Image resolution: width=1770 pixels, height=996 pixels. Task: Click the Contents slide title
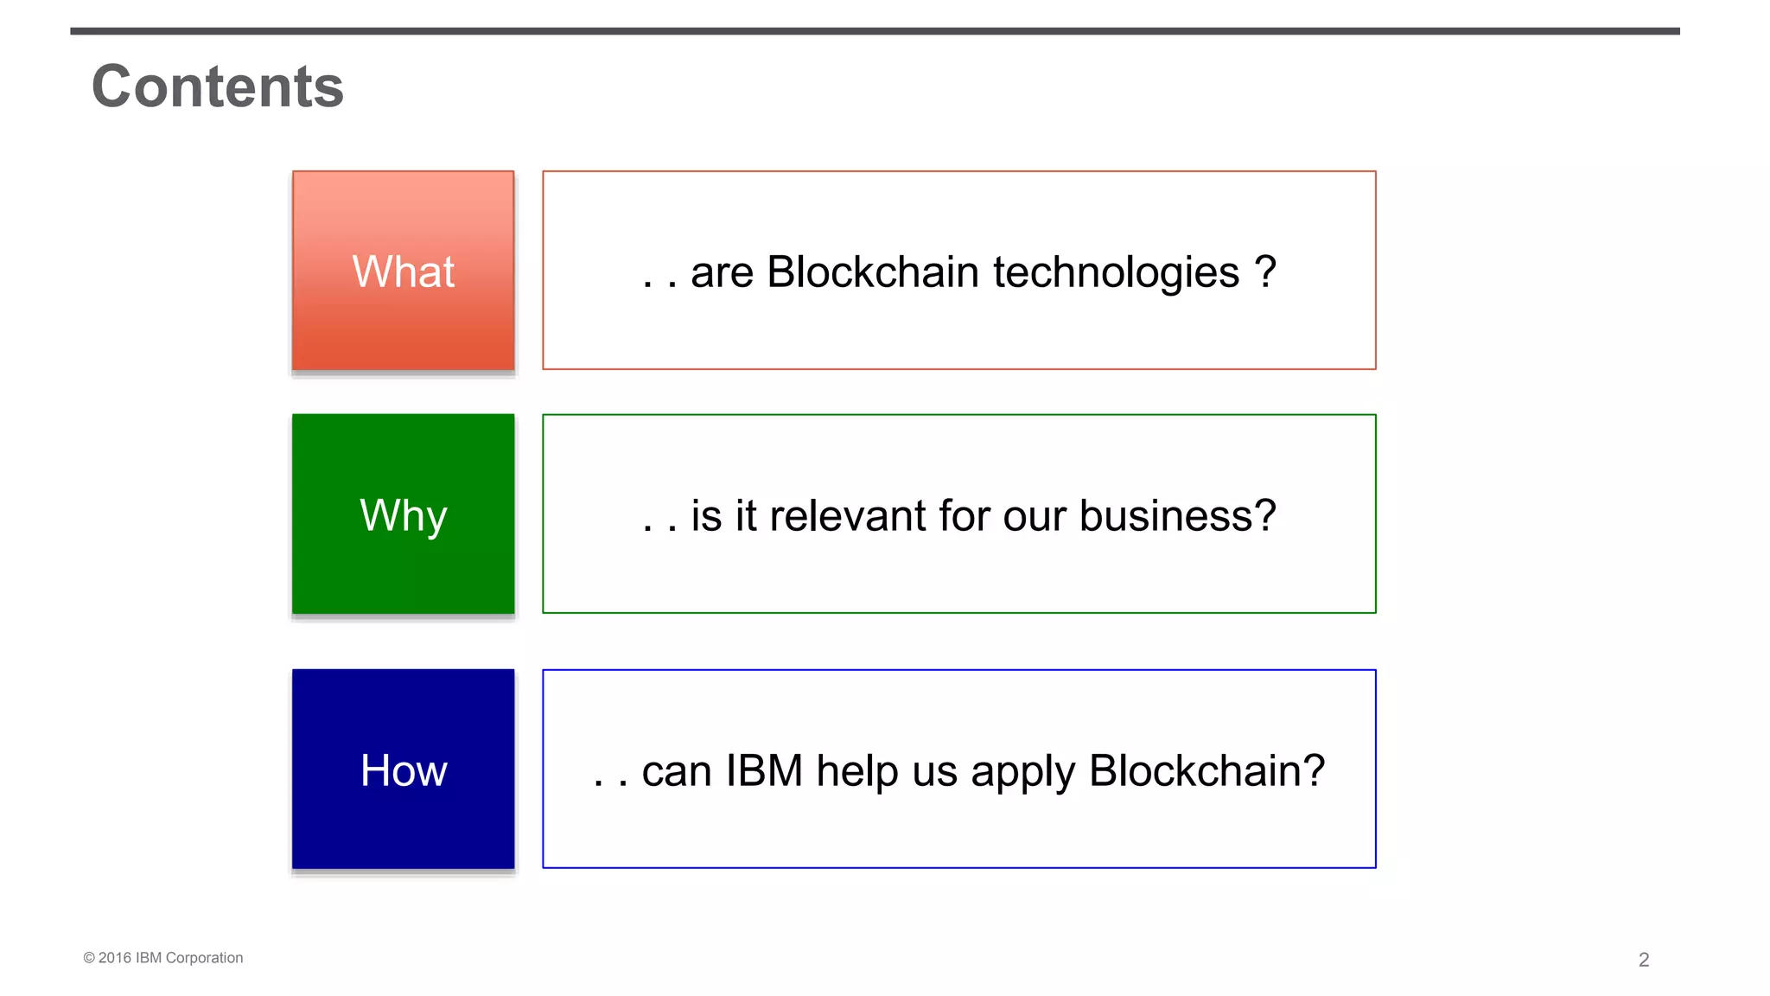pyautogui.click(x=218, y=86)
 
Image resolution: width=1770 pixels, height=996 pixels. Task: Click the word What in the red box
pyautogui.click(x=403, y=271)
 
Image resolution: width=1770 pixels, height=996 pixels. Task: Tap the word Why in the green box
pyautogui.click(x=403, y=516)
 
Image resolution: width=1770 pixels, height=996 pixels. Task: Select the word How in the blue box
pyautogui.click(x=403, y=770)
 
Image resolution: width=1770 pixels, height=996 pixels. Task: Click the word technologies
pyautogui.click(x=1116, y=273)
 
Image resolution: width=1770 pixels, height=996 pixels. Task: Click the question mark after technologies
pyautogui.click(x=1264, y=271)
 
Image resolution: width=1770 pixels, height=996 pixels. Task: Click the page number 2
pyautogui.click(x=1643, y=960)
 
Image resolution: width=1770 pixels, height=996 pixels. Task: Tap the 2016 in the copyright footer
pyautogui.click(x=115, y=958)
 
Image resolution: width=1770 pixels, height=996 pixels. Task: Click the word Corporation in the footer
pyautogui.click(x=204, y=958)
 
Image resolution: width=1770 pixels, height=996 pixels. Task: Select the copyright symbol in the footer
pyautogui.click(x=88, y=958)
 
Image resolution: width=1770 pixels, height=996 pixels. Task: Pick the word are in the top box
pyautogui.click(x=722, y=273)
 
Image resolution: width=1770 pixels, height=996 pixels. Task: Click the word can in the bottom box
pyautogui.click(x=676, y=771)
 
